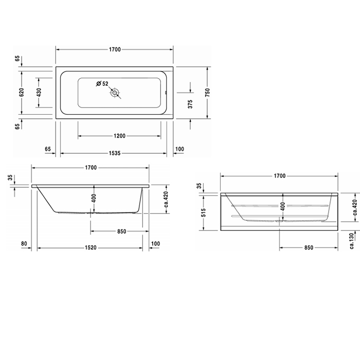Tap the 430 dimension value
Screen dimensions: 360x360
(39, 93)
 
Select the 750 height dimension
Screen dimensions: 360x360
(208, 93)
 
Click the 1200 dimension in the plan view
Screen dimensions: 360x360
(119, 136)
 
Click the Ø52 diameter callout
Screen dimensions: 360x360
(102, 84)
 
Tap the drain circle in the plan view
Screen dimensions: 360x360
(115, 93)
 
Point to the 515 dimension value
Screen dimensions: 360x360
(204, 211)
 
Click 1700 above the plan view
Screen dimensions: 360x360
(114, 49)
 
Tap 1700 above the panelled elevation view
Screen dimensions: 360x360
(279, 176)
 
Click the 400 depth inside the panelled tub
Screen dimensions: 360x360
(282, 207)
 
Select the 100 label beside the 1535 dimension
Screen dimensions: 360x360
(179, 149)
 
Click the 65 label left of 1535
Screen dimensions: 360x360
(48, 149)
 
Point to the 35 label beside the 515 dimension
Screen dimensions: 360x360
(199, 186)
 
